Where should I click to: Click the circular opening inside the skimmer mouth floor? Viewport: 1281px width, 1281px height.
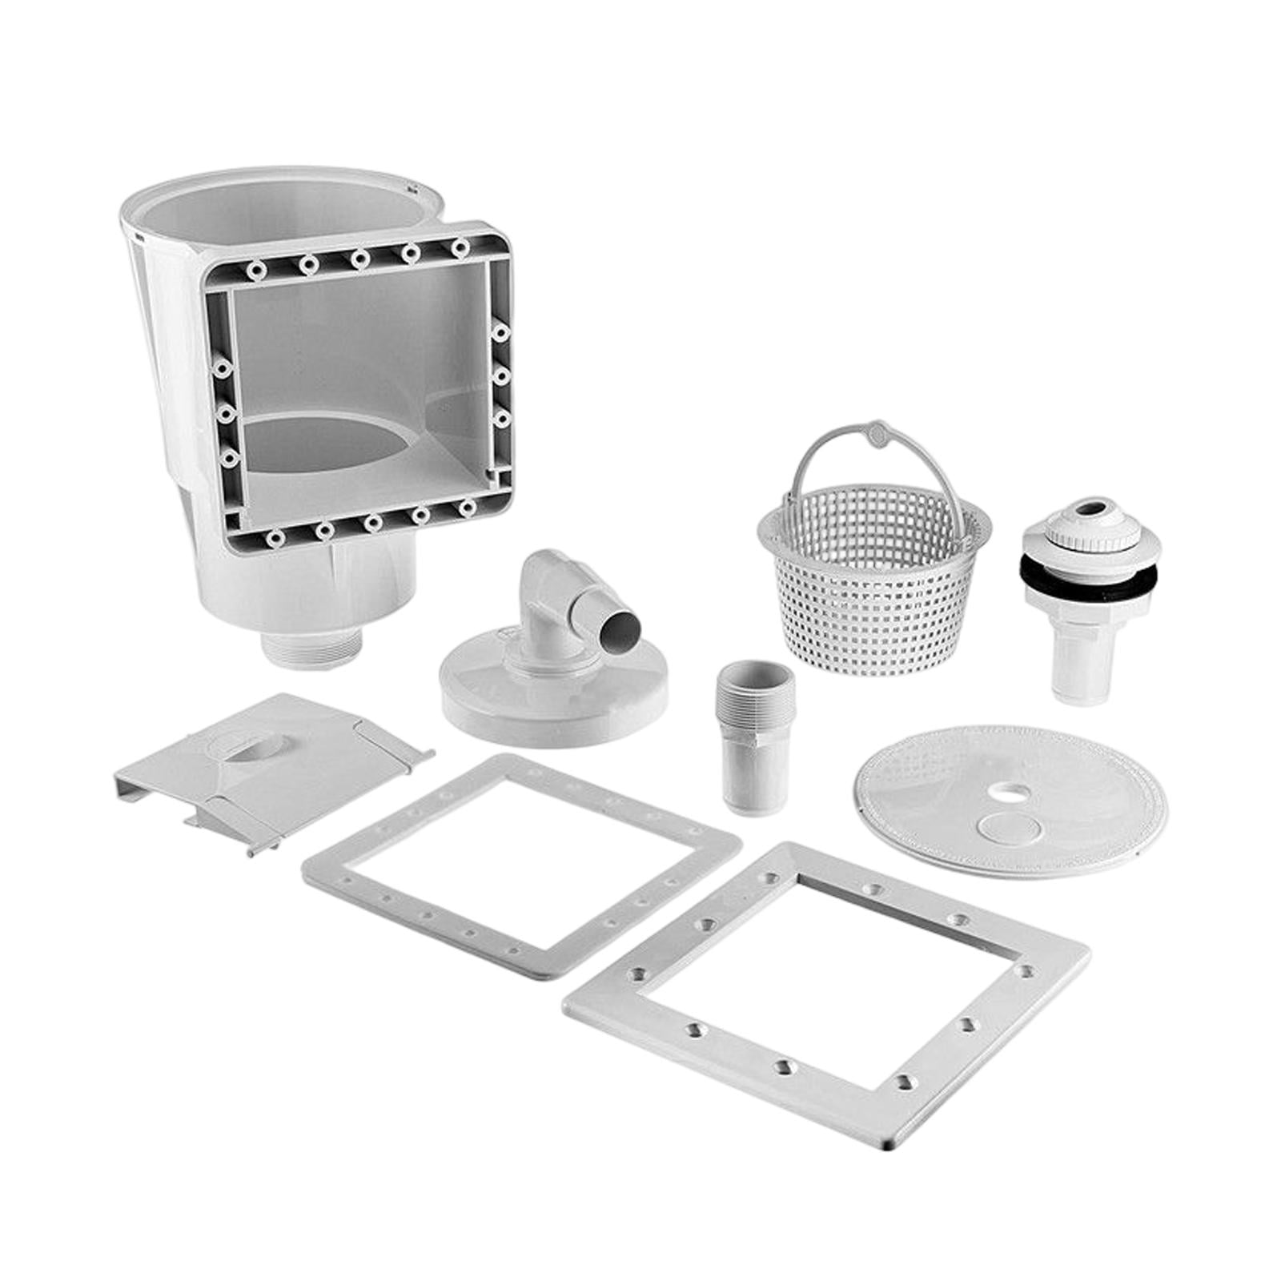[x=336, y=444]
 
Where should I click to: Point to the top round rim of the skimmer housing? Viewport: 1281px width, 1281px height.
[x=264, y=180]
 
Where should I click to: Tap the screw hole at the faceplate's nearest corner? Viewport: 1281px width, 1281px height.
[x=904, y=1082]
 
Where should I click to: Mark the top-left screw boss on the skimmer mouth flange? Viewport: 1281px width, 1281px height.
[x=256, y=271]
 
